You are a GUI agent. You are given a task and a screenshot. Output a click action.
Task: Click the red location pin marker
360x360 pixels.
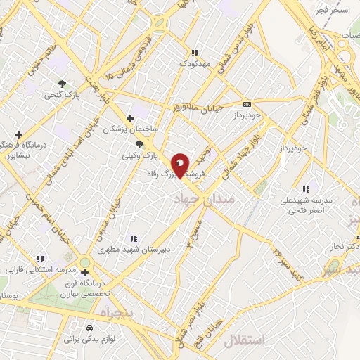tap(181, 166)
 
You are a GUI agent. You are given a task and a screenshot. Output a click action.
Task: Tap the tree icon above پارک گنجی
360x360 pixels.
tap(63, 82)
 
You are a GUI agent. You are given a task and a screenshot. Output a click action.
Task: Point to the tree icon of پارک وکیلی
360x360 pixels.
tap(147, 143)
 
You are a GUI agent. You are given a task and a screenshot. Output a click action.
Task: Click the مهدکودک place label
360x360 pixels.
tap(195, 64)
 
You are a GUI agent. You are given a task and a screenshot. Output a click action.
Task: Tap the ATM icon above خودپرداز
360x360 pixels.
tap(247, 103)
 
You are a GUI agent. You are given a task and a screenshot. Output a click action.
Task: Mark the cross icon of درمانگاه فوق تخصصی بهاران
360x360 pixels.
tap(85, 272)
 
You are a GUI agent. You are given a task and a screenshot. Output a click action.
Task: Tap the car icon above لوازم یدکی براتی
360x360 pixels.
tap(89, 328)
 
